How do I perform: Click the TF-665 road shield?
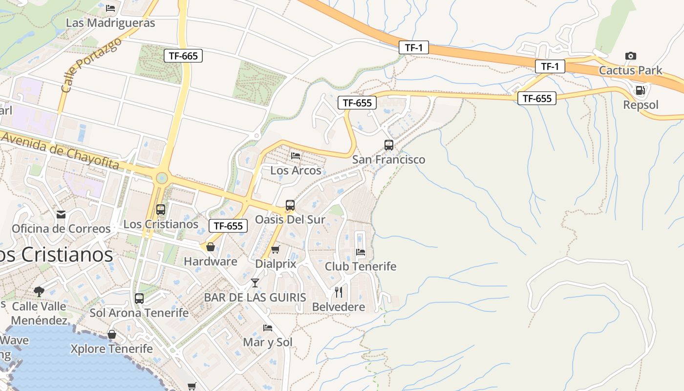(x=183, y=56)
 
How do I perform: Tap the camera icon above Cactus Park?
(x=631, y=56)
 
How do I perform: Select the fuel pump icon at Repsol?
(x=640, y=90)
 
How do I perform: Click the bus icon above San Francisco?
(x=389, y=145)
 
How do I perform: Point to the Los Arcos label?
(x=296, y=171)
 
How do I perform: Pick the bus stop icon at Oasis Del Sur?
(x=290, y=205)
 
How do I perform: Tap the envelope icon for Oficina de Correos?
(x=61, y=215)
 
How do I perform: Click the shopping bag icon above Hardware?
(x=211, y=247)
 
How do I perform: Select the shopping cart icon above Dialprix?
(x=276, y=250)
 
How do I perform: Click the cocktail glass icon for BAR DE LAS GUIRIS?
(x=255, y=283)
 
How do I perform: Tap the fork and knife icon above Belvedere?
(x=339, y=292)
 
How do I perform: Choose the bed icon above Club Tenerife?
(x=361, y=252)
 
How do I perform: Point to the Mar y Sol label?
(x=268, y=342)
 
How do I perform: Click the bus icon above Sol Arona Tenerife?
(x=139, y=298)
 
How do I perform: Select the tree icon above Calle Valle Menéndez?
(x=39, y=292)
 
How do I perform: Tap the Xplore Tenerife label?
(x=111, y=349)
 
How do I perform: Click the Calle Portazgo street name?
(x=91, y=65)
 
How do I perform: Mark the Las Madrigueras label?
(x=110, y=23)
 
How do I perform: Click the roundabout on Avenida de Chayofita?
(x=161, y=178)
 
